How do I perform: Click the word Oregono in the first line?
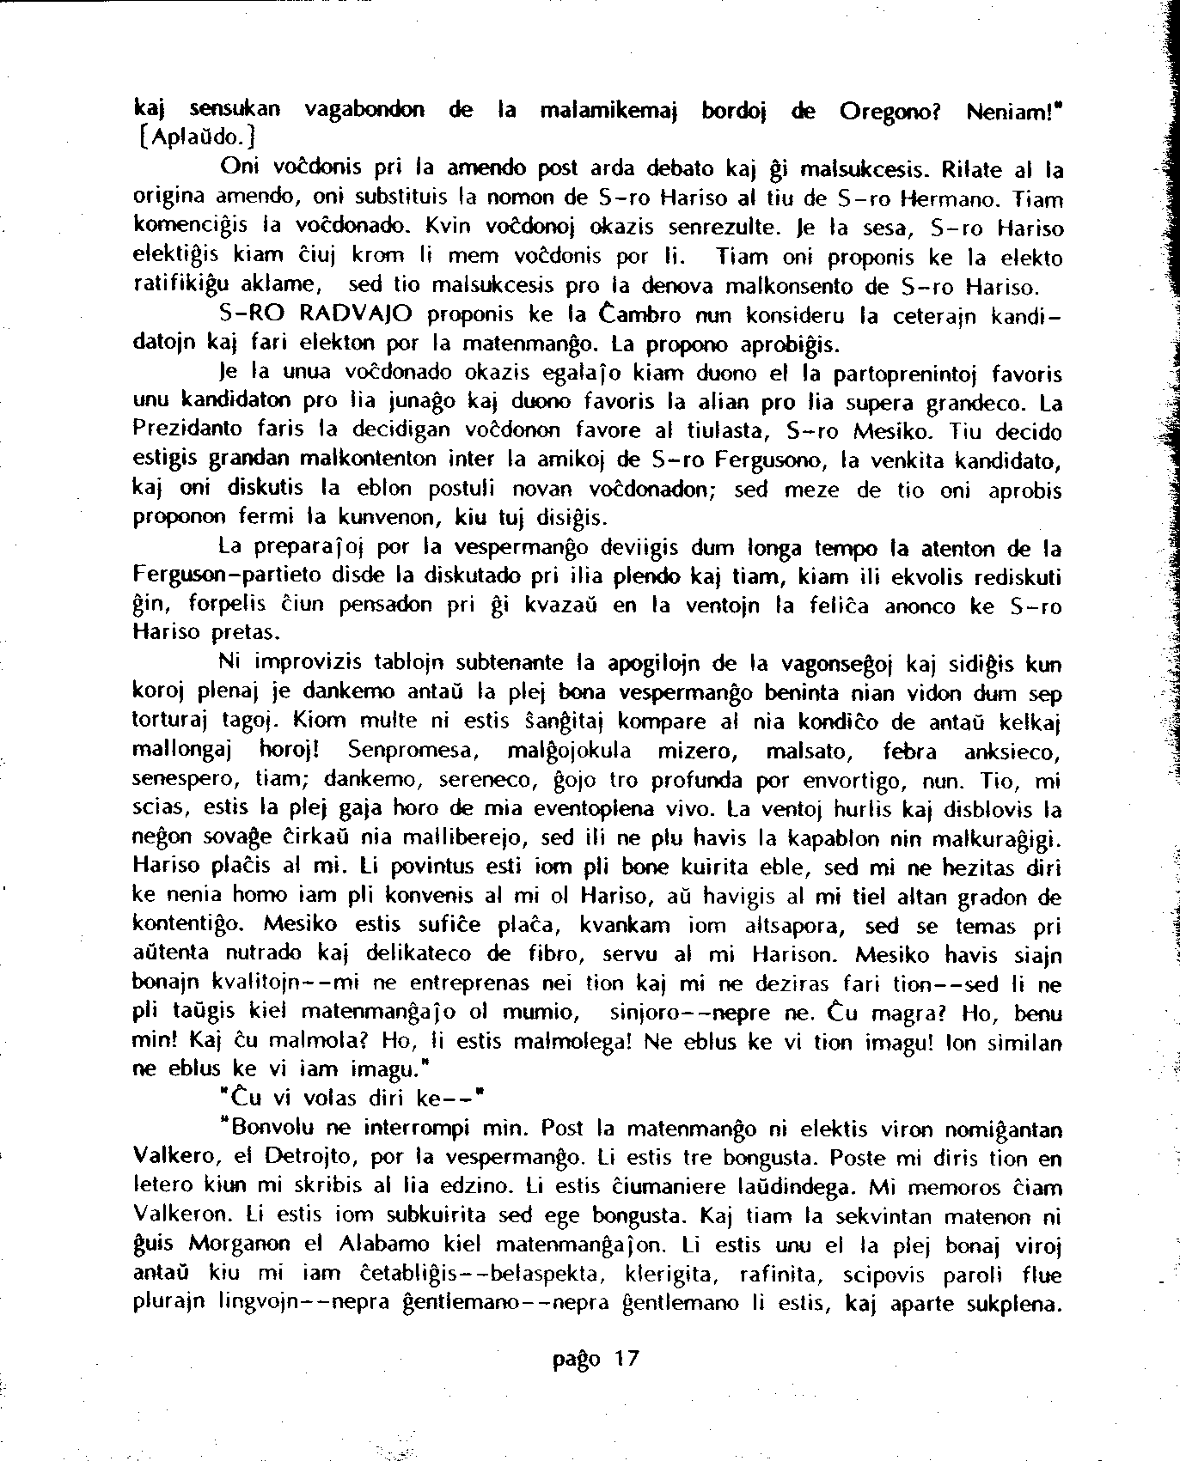coord(889,112)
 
